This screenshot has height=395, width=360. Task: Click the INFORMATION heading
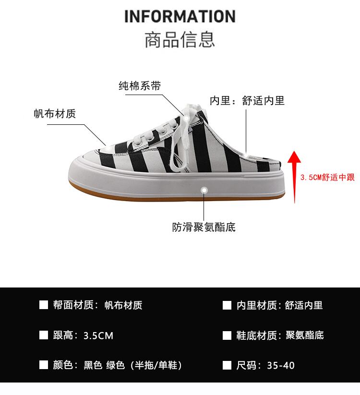click(180, 16)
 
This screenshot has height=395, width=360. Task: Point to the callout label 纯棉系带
click(140, 86)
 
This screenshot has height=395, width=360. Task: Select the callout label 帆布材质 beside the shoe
click(55, 114)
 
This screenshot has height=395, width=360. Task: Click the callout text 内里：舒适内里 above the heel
click(247, 100)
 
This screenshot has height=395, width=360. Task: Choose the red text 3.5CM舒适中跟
click(327, 178)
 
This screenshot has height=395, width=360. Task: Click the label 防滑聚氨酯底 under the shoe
click(204, 227)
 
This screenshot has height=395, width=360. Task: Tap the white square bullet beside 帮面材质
click(44, 305)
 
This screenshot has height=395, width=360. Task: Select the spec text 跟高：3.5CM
click(83, 335)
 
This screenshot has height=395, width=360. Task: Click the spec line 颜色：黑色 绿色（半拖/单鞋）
click(118, 365)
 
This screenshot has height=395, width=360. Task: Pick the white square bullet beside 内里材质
click(227, 305)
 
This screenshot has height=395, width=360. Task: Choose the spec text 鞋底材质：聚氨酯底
click(280, 335)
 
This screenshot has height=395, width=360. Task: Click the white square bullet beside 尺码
click(227, 365)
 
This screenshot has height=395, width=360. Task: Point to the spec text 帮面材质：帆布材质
click(97, 305)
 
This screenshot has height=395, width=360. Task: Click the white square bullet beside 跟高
click(44, 335)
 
